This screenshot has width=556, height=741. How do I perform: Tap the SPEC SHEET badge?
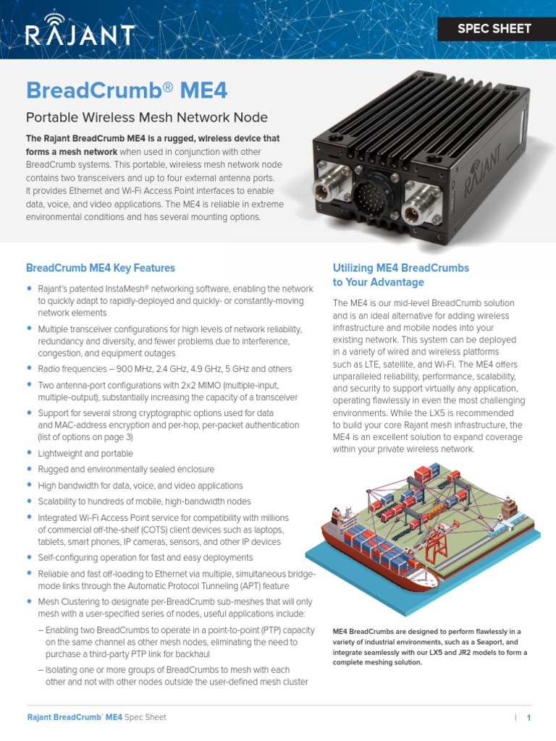click(494, 29)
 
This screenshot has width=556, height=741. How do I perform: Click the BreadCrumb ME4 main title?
click(127, 90)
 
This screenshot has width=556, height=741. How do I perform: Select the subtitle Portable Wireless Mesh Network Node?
click(147, 117)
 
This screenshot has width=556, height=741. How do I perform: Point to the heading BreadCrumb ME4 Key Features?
click(101, 268)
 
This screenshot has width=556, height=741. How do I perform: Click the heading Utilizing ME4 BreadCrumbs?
click(400, 268)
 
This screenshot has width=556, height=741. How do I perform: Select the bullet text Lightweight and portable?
click(85, 454)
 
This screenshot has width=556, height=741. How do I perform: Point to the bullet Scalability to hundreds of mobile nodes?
click(144, 501)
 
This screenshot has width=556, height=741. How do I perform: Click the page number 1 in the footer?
click(529, 718)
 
